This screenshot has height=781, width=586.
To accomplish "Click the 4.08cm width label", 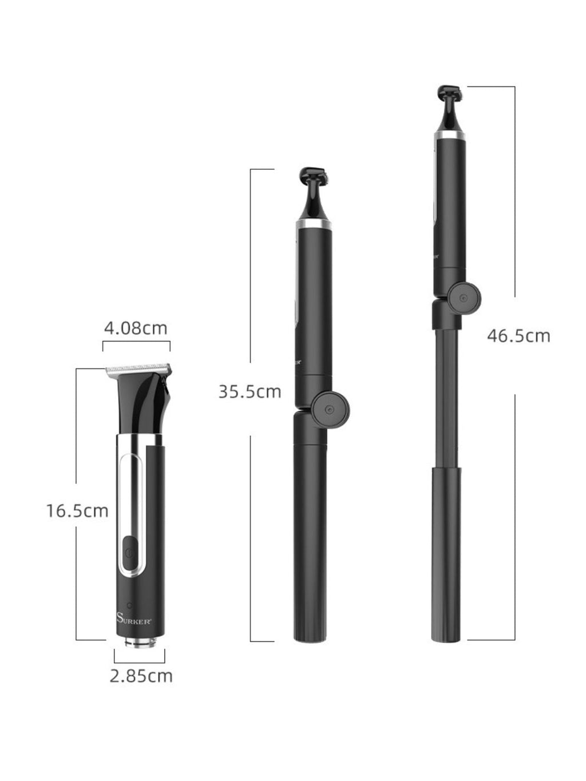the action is (x=136, y=328).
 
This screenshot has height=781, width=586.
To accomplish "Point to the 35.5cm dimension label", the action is (x=250, y=392).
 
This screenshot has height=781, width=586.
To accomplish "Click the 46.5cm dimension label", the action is (x=518, y=336).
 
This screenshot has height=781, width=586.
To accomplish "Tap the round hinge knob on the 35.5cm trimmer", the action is (x=331, y=410).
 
